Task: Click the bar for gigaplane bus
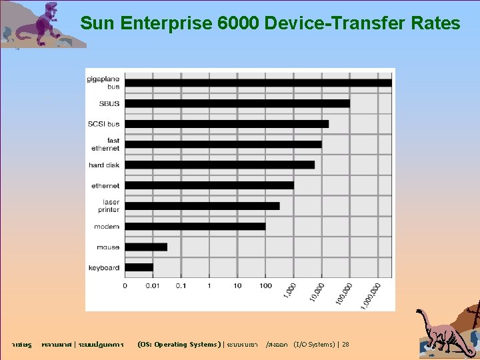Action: tap(258, 83)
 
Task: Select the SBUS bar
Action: tap(237, 103)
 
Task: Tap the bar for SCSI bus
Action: tap(227, 124)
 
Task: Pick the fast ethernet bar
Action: tap(223, 144)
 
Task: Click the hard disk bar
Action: tap(219, 165)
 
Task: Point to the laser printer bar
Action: tap(202, 205)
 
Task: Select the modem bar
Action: tap(195, 226)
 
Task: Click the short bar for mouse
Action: tap(146, 247)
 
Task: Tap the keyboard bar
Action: tap(139, 267)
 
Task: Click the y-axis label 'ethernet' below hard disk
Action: tap(105, 185)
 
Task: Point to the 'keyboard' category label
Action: tap(104, 267)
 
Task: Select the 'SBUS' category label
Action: tap(109, 103)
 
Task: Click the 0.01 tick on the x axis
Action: tap(153, 285)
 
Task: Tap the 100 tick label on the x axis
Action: tap(265, 285)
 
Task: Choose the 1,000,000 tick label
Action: tap(371, 294)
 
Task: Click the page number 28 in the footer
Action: tap(345, 345)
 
